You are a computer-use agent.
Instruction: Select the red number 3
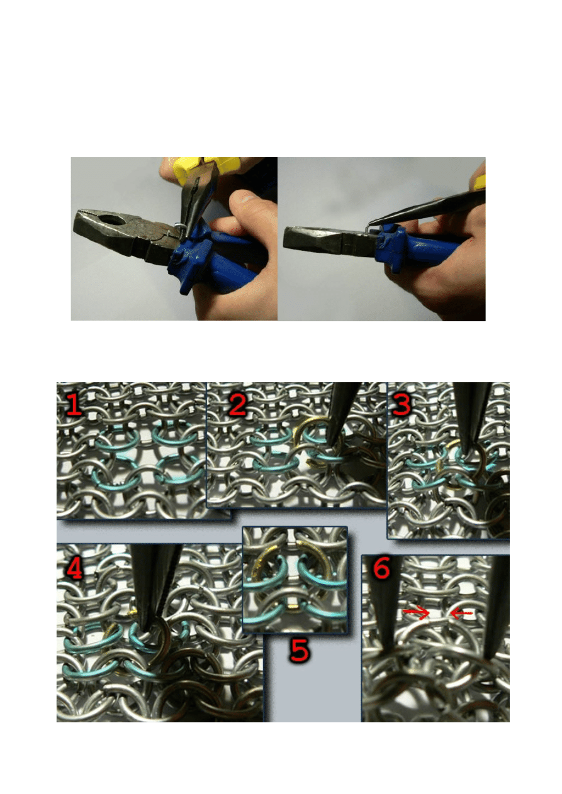tap(402, 404)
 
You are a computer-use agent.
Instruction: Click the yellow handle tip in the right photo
tap(480, 182)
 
